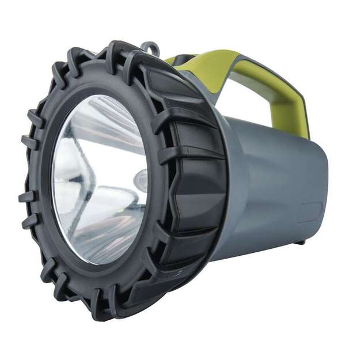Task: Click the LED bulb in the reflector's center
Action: pos(140,180)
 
